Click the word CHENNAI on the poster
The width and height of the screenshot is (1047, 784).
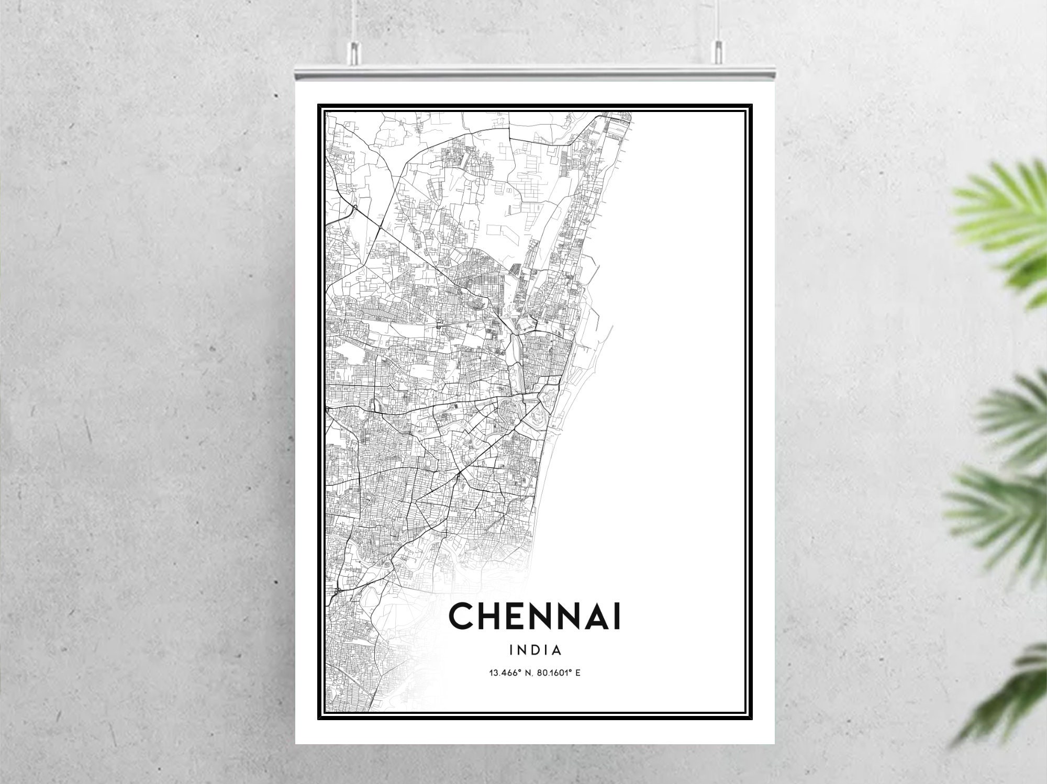coord(534,617)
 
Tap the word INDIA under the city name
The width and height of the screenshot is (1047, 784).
coord(535,651)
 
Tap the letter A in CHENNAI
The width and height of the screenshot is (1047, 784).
coord(596,617)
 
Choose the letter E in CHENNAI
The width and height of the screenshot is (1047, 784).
coord(515,617)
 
